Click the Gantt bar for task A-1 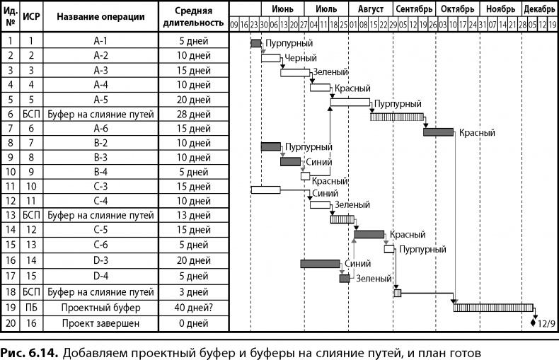(x=256, y=43)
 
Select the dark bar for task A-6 (x=438, y=132)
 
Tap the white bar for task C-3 (x=266, y=190)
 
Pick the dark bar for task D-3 (x=320, y=264)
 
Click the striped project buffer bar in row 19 (x=493, y=308)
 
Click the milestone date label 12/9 (x=546, y=323)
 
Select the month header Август (x=371, y=9)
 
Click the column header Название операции (x=100, y=17)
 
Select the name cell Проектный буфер (x=100, y=308)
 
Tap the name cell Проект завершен (x=100, y=323)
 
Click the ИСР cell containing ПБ (x=31, y=308)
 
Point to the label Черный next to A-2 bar (x=300, y=58)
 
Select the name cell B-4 (x=100, y=171)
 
